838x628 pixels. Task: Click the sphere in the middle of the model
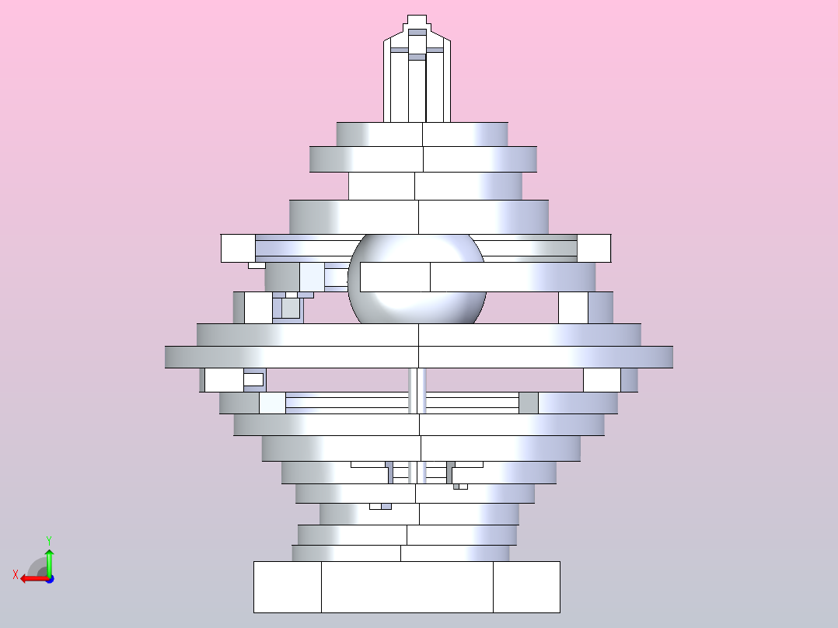pyautogui.click(x=417, y=307)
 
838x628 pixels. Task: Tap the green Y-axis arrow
pyautogui.click(x=48, y=560)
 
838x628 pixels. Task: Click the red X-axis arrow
pyautogui.click(x=31, y=578)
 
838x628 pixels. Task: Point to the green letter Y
pyautogui.click(x=48, y=539)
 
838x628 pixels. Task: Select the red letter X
pyautogui.click(x=16, y=574)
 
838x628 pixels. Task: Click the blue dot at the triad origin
pyautogui.click(x=49, y=579)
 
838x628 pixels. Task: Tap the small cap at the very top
pyautogui.click(x=417, y=21)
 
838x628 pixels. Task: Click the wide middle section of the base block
pyautogui.click(x=407, y=587)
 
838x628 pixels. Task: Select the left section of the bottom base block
pyautogui.click(x=287, y=587)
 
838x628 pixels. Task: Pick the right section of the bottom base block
pyautogui.click(x=526, y=587)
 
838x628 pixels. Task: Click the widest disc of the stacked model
pyautogui.click(x=418, y=357)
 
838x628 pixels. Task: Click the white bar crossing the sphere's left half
pyautogui.click(x=395, y=277)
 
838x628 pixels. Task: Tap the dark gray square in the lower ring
pyautogui.click(x=529, y=403)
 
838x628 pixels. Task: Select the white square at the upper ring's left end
pyautogui.click(x=238, y=248)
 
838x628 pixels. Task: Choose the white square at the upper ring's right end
pyautogui.click(x=594, y=248)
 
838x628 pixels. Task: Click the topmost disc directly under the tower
pyautogui.click(x=422, y=134)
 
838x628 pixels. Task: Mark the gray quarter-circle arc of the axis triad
pyautogui.click(x=36, y=566)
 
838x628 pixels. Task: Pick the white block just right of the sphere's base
pyautogui.click(x=573, y=308)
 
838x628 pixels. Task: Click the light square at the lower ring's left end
pyautogui.click(x=272, y=403)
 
